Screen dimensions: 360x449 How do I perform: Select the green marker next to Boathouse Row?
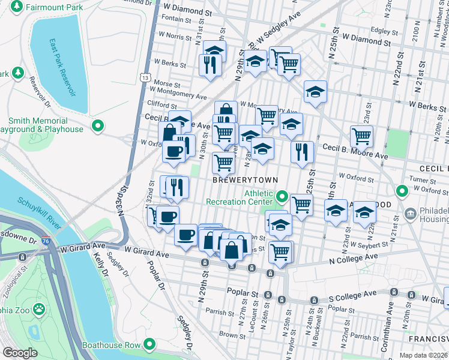click(x=149, y=344)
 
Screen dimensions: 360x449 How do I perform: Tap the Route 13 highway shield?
click(x=144, y=77)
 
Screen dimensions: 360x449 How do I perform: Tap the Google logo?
click(x=20, y=353)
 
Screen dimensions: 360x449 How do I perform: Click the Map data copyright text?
click(x=423, y=355)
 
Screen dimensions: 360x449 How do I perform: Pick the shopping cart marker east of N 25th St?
click(x=361, y=137)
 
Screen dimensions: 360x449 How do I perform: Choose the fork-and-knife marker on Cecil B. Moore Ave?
click(x=302, y=152)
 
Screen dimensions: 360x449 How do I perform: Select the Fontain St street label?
click(x=176, y=19)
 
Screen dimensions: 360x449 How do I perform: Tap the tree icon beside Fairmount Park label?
click(x=17, y=8)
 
